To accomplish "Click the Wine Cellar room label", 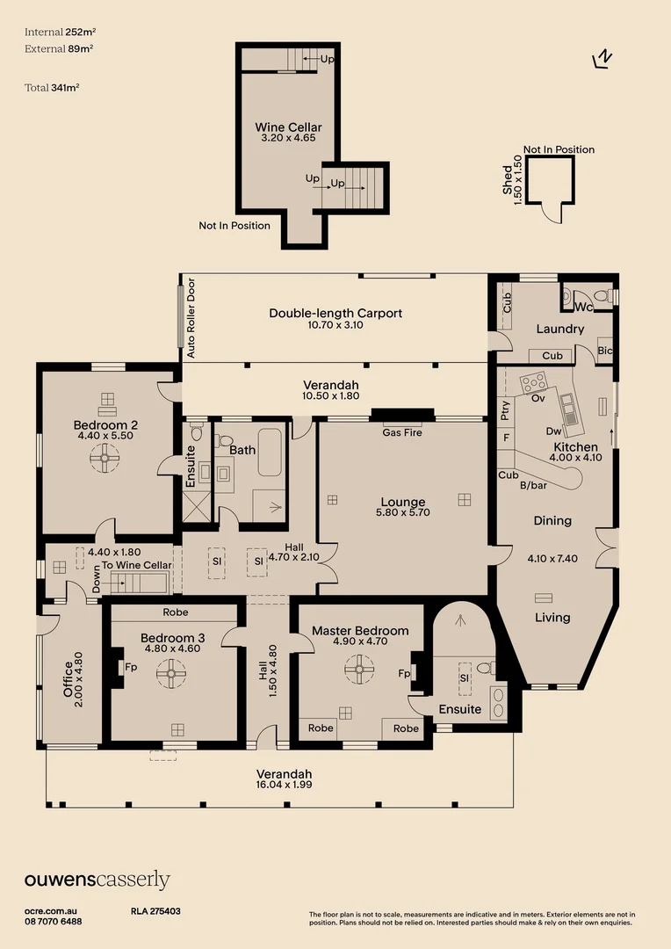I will [288, 127].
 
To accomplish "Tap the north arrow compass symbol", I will [602, 58].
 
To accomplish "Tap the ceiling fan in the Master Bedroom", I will [358, 672].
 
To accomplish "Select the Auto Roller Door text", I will [190, 319].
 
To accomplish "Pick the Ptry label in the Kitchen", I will [505, 409].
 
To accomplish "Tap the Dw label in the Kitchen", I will [552, 431].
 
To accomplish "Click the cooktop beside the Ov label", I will [533, 383].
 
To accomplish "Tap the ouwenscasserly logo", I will [97, 880].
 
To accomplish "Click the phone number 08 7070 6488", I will [54, 921].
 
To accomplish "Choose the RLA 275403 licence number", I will [155, 912].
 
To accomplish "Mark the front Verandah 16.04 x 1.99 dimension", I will [283, 785].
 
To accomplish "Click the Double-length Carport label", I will [335, 313].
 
